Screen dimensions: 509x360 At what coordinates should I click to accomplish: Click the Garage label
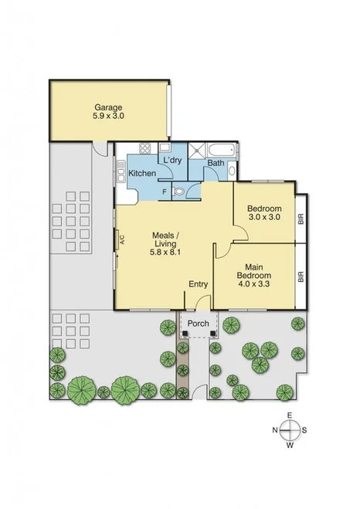pyautogui.click(x=109, y=107)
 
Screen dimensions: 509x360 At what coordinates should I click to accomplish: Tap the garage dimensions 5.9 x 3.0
pyautogui.click(x=109, y=116)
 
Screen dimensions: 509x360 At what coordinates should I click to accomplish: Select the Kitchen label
pyautogui.click(x=141, y=173)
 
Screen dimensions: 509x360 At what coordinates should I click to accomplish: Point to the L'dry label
pyautogui.click(x=172, y=160)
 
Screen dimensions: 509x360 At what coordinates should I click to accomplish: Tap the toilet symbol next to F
pyautogui.click(x=179, y=190)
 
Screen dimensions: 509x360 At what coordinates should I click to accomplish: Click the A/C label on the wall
pyautogui.click(x=121, y=239)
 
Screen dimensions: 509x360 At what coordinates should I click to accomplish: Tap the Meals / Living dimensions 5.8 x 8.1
pyautogui.click(x=166, y=251)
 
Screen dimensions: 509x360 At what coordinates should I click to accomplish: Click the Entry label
pyautogui.click(x=199, y=283)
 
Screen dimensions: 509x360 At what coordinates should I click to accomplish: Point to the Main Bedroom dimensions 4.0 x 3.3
pyautogui.click(x=253, y=283)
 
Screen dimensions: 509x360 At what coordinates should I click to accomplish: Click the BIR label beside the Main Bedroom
pyautogui.click(x=301, y=276)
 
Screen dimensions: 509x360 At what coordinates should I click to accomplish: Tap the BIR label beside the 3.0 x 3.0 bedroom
pyautogui.click(x=301, y=219)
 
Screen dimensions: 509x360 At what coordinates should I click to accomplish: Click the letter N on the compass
pyautogui.click(x=273, y=430)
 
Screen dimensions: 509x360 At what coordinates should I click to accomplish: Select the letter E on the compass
pyautogui.click(x=289, y=416)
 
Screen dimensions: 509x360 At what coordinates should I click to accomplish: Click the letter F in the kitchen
pyautogui.click(x=165, y=191)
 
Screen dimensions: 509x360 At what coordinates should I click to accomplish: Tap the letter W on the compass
pyautogui.click(x=289, y=446)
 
